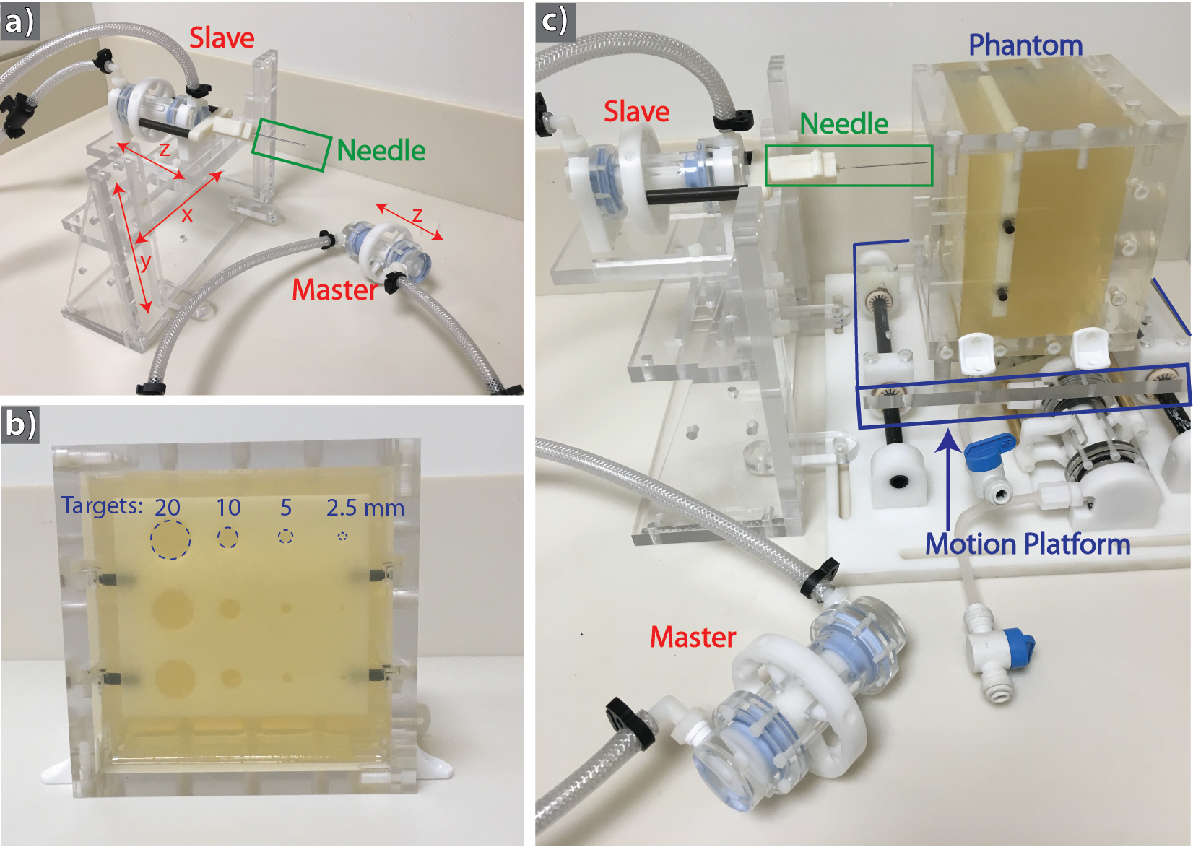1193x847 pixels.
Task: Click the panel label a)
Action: pyautogui.click(x=19, y=20)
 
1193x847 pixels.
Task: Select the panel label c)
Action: pyautogui.click(x=555, y=21)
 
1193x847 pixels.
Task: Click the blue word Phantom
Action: pyautogui.click(x=1025, y=45)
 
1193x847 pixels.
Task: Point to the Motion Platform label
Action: pyautogui.click(x=1028, y=544)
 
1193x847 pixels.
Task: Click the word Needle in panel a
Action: pyautogui.click(x=381, y=151)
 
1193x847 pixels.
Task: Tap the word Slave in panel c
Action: pyautogui.click(x=636, y=112)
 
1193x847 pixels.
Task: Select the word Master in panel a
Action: pyautogui.click(x=335, y=290)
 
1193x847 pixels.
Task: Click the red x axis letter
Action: pyautogui.click(x=187, y=215)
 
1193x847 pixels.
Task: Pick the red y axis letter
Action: pyautogui.click(x=145, y=261)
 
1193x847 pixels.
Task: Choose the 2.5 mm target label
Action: pyautogui.click(x=365, y=508)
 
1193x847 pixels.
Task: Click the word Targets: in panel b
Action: pyautogui.click(x=103, y=505)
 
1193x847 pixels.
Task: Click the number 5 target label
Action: pyautogui.click(x=286, y=508)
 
